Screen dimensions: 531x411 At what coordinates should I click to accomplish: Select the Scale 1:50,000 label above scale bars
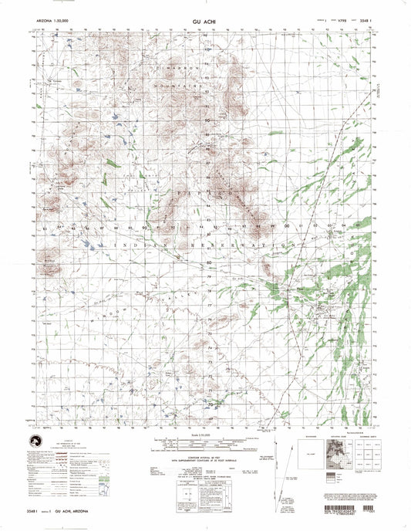point(205,438)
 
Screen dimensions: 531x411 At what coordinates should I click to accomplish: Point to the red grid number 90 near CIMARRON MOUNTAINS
point(206,121)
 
